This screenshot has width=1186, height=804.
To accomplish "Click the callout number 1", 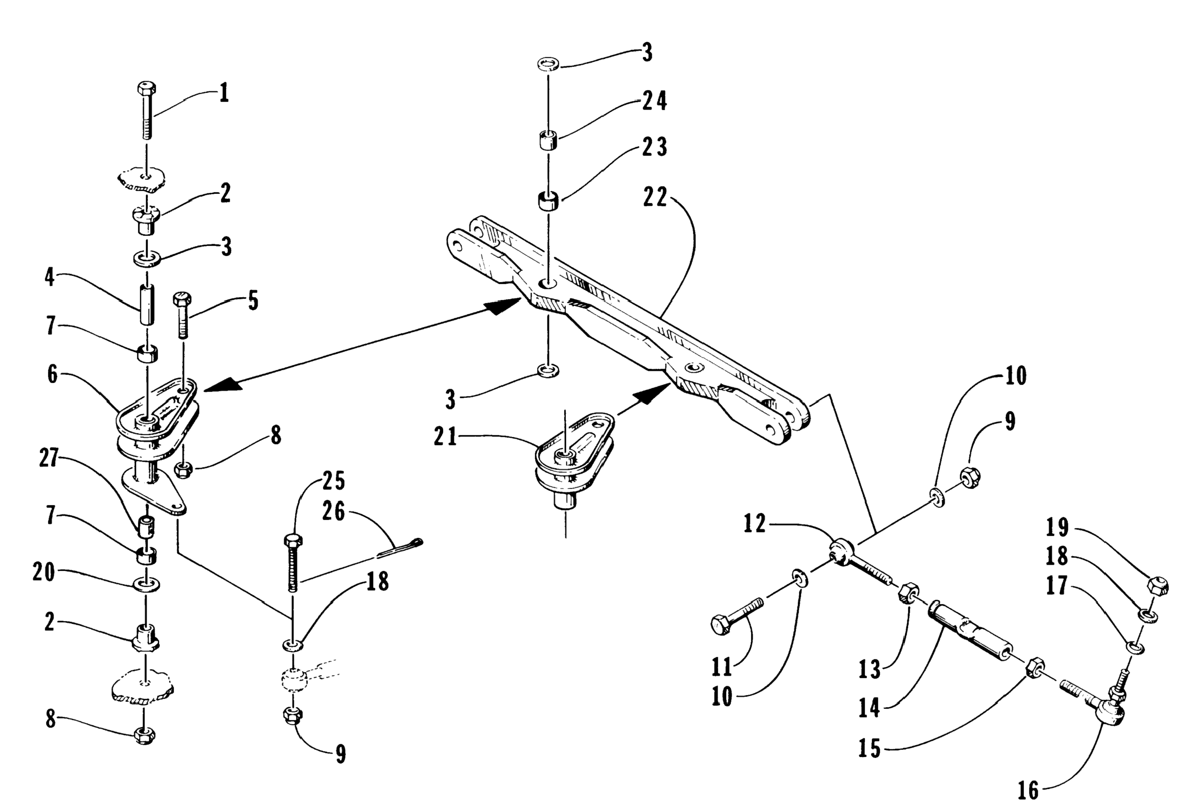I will click(x=224, y=94).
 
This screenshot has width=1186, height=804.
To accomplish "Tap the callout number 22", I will click(x=655, y=197).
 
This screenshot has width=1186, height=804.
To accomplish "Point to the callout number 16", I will click(x=1028, y=790).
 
